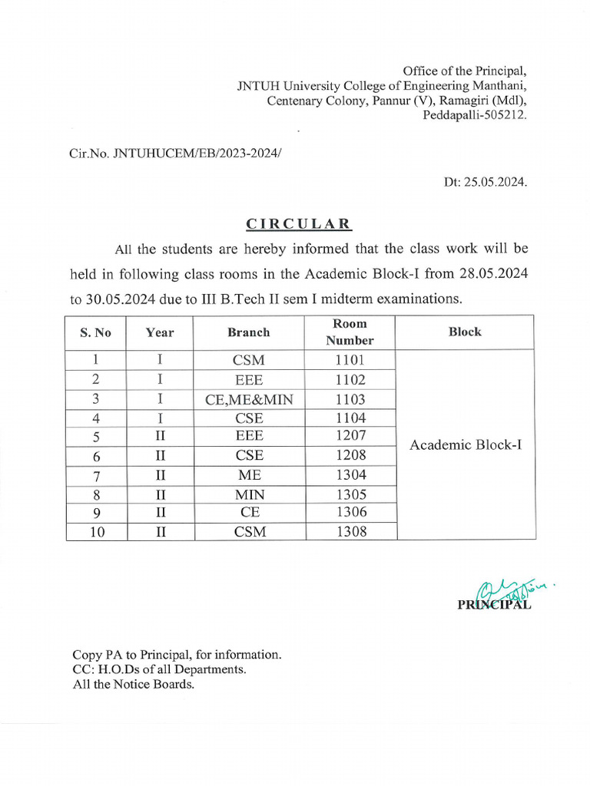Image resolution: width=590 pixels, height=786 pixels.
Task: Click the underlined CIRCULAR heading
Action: point(299,224)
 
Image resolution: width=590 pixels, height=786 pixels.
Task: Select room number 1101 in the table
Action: point(350,360)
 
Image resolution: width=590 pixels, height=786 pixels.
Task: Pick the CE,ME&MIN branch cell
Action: point(249,399)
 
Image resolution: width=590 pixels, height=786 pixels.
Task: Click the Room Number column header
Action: point(350,332)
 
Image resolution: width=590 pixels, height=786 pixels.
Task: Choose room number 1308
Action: point(351,531)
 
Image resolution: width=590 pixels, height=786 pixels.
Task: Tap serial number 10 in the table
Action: point(97,531)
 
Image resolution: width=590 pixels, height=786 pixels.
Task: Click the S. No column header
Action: point(95,332)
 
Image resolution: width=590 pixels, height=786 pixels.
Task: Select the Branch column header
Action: point(249,332)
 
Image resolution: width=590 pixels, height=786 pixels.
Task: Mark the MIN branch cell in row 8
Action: point(250,494)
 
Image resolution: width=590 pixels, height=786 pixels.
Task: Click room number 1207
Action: point(350,436)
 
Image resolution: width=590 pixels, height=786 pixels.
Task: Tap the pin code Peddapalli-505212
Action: point(475,115)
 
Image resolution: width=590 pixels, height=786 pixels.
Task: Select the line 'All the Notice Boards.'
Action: point(134,684)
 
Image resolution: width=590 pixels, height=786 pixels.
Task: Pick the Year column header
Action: point(160,332)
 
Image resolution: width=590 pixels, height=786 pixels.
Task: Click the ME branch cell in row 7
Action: point(250,475)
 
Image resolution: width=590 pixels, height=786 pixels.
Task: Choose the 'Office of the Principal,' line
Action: point(465,71)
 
